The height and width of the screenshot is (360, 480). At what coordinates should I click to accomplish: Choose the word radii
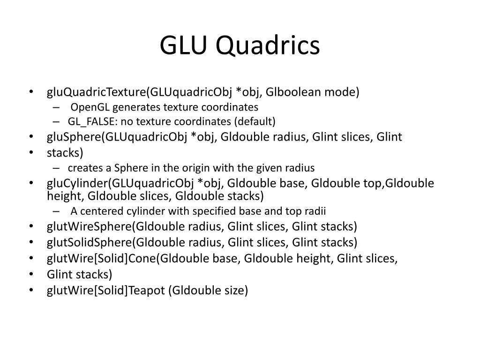click(315, 210)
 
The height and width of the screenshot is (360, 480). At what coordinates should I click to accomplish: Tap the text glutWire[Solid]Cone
click(102, 259)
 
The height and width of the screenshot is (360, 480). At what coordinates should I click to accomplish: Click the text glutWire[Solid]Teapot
click(106, 291)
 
